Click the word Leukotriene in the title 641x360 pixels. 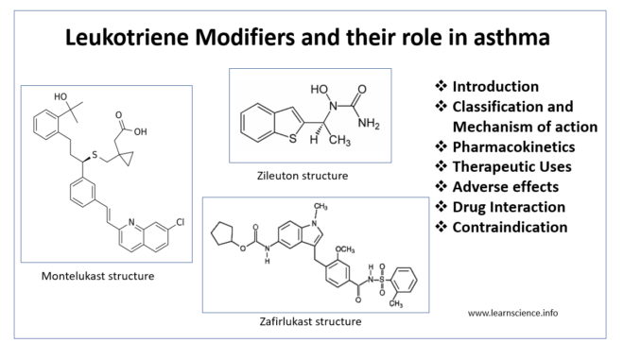(x=127, y=37)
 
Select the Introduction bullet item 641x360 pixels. (x=495, y=87)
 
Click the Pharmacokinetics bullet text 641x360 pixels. (x=513, y=146)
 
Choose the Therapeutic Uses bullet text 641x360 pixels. (x=511, y=166)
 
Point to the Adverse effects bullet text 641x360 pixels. (x=505, y=187)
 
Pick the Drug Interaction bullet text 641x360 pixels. (x=509, y=207)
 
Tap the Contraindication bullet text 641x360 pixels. (x=510, y=227)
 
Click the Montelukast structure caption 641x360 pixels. (x=97, y=276)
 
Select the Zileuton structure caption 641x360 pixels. (x=303, y=176)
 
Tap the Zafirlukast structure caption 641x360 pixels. (x=310, y=321)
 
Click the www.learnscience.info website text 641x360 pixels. (x=512, y=313)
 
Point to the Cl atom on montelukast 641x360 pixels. (x=181, y=222)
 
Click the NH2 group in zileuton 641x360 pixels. (x=369, y=123)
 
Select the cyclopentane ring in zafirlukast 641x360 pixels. (x=222, y=233)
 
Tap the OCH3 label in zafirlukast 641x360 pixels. (x=345, y=249)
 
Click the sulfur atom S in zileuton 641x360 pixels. (x=293, y=139)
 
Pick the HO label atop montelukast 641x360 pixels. (x=61, y=96)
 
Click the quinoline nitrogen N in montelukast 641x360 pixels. (x=131, y=222)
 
